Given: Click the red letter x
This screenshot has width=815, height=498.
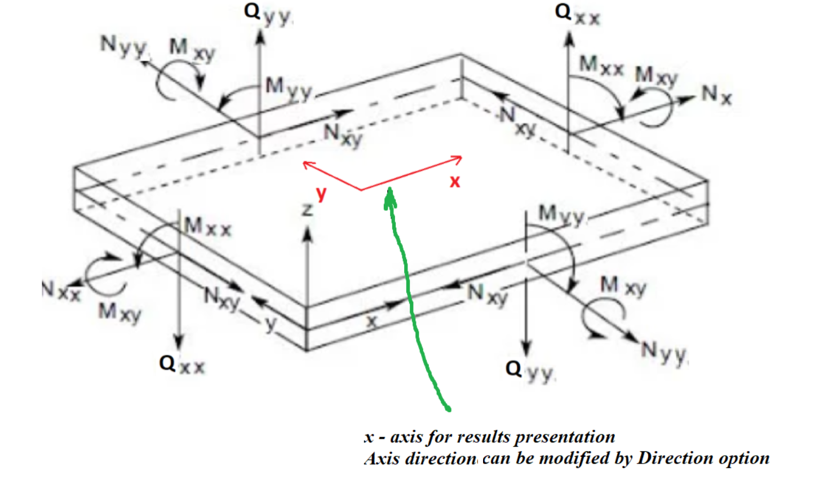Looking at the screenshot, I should (455, 182).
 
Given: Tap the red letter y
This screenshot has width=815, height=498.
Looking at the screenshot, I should (321, 194).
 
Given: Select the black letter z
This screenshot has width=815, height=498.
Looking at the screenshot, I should (307, 210).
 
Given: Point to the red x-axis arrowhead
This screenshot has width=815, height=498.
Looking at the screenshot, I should (459, 160).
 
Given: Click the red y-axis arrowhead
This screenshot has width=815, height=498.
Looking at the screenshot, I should (306, 164).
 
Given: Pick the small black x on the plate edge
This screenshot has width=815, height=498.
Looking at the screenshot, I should (371, 321).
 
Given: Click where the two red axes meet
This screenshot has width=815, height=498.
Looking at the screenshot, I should (361, 190).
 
